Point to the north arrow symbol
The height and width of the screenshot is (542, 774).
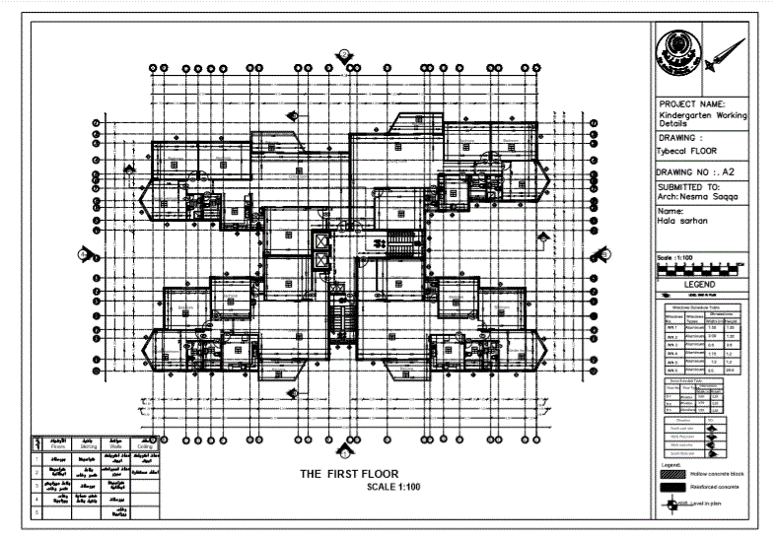tap(730, 50)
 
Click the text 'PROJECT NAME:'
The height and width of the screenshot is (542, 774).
tap(692, 103)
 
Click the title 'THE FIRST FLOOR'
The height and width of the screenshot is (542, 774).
tap(349, 474)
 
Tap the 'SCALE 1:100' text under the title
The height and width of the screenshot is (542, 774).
tap(392, 487)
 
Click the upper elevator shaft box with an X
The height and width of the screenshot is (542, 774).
tap(322, 241)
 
